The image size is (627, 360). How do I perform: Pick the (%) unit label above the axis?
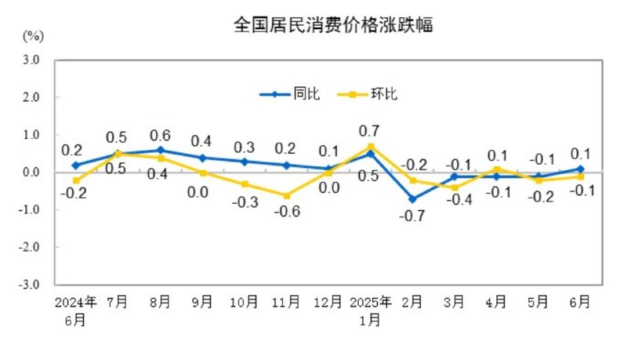pyautogui.click(x=33, y=36)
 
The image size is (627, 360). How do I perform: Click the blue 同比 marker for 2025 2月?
pyautogui.click(x=413, y=199)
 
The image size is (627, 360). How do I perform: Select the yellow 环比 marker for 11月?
pyautogui.click(x=286, y=195)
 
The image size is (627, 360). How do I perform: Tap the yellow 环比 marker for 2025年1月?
pyautogui.click(x=371, y=147)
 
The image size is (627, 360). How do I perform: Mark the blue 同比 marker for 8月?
pyautogui.click(x=160, y=150)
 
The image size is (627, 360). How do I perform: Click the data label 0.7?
pyautogui.click(x=369, y=130)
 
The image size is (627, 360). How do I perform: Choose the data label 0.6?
pyautogui.click(x=160, y=134)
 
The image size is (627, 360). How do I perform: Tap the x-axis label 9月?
pyautogui.click(x=201, y=301)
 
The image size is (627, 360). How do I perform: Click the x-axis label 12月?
pyautogui.click(x=328, y=301)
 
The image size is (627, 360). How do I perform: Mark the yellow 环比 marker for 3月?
pyautogui.click(x=455, y=187)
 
